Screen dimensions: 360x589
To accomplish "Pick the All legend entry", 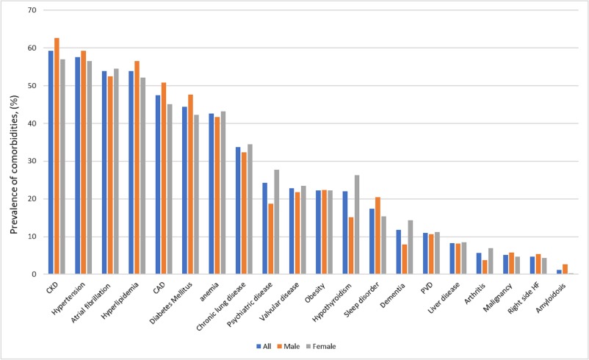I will click(x=262, y=345).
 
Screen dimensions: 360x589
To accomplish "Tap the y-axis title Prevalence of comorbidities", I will click(x=15, y=143).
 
